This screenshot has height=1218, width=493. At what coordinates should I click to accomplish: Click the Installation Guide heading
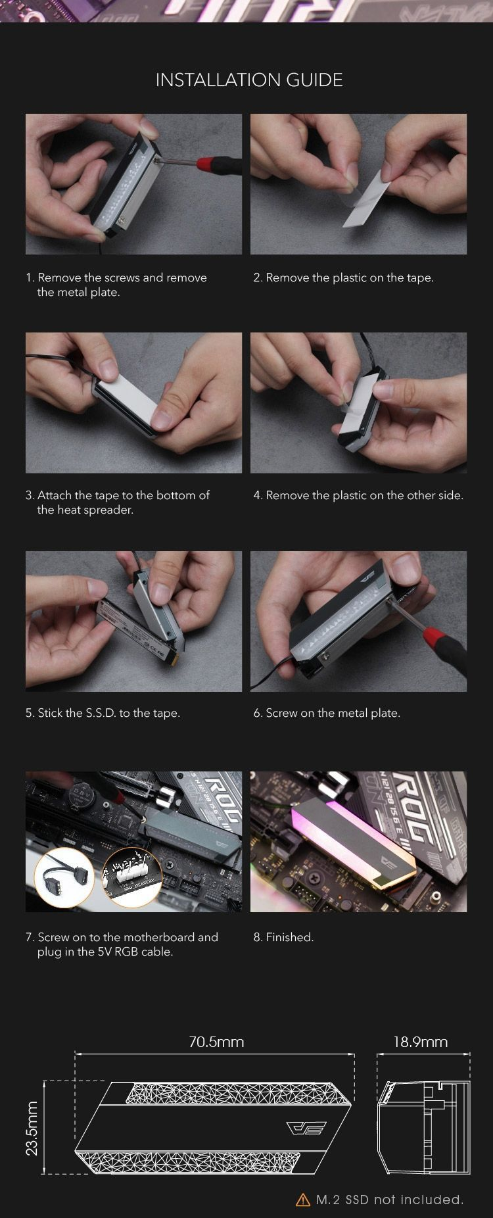[x=249, y=80]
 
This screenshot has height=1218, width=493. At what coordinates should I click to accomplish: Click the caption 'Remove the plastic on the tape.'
[x=344, y=278]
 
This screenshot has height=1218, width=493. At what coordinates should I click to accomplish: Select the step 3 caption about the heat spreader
[x=118, y=502]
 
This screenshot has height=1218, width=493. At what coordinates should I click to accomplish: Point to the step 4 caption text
[x=358, y=495]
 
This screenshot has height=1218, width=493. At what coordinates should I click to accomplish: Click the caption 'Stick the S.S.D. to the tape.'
[x=103, y=713]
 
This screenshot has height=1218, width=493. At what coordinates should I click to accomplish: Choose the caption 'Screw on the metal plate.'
[x=327, y=713]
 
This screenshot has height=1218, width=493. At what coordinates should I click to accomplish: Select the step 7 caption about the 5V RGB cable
[x=122, y=944]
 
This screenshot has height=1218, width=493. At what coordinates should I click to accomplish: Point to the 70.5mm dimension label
[x=216, y=1042]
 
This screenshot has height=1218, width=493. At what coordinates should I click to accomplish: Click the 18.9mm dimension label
[x=421, y=1042]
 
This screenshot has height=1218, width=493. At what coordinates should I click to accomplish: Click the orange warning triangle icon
[x=303, y=1200]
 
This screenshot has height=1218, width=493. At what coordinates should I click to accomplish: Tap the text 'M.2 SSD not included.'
[x=390, y=1200]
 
